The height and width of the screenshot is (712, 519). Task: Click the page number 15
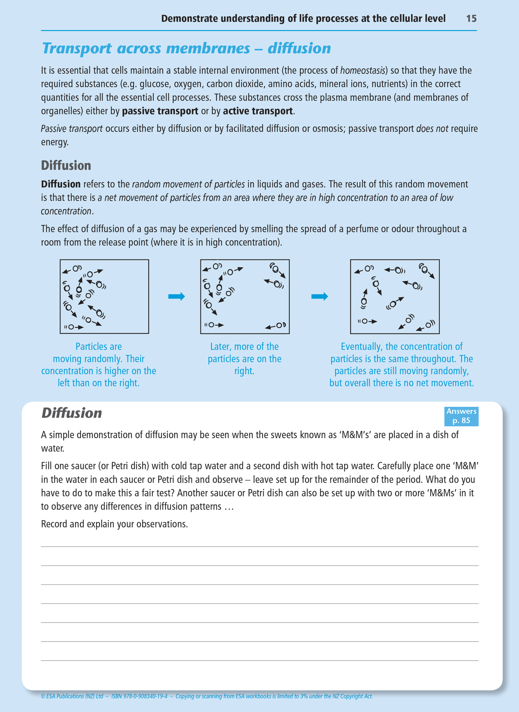471,19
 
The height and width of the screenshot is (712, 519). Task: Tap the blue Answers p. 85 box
461,416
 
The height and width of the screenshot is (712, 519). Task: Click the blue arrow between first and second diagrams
176,297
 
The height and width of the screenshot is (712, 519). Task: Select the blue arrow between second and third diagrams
319,297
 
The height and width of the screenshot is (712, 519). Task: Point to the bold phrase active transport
258,111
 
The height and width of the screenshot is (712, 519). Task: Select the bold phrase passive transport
160,111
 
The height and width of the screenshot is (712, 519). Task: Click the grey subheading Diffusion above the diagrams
66,165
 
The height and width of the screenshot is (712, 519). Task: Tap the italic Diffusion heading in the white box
71,413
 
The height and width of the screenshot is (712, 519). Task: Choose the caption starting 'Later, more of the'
244,359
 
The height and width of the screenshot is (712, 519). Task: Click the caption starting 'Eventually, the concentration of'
401,365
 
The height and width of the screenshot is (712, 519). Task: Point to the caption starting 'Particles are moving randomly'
98,365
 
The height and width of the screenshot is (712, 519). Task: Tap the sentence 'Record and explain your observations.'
114,524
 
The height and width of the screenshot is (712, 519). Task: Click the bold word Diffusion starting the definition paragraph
61,184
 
